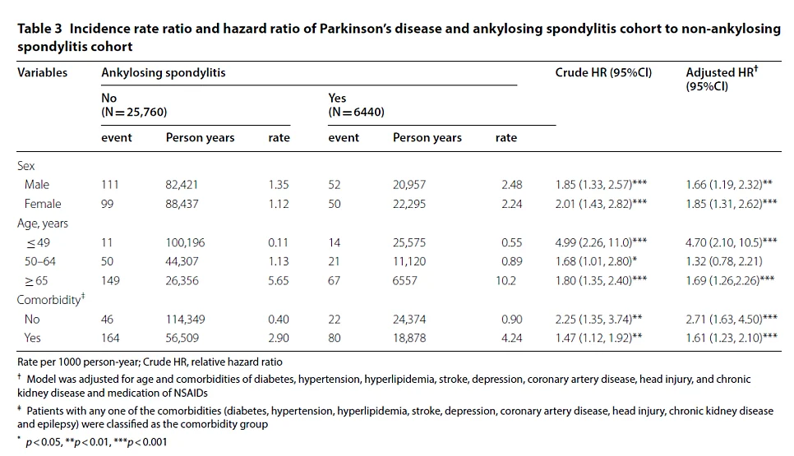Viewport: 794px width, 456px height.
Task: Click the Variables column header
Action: click(42, 72)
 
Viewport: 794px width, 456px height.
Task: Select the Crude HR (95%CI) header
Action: click(603, 73)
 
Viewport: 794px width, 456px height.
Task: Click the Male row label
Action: click(37, 185)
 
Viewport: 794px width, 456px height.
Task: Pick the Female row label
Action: click(43, 204)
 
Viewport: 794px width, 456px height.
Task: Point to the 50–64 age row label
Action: click(40, 261)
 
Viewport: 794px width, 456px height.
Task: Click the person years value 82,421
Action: click(182, 185)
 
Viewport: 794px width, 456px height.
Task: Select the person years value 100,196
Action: click(185, 242)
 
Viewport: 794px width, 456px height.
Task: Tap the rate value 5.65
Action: click(279, 281)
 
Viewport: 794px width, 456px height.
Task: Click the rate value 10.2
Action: click(505, 281)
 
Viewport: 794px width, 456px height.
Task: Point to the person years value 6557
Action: click(404, 281)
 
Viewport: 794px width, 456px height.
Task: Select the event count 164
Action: click(110, 338)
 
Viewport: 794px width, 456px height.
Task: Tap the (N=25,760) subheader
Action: click(134, 112)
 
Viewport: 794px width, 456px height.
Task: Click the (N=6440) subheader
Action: click(357, 112)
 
